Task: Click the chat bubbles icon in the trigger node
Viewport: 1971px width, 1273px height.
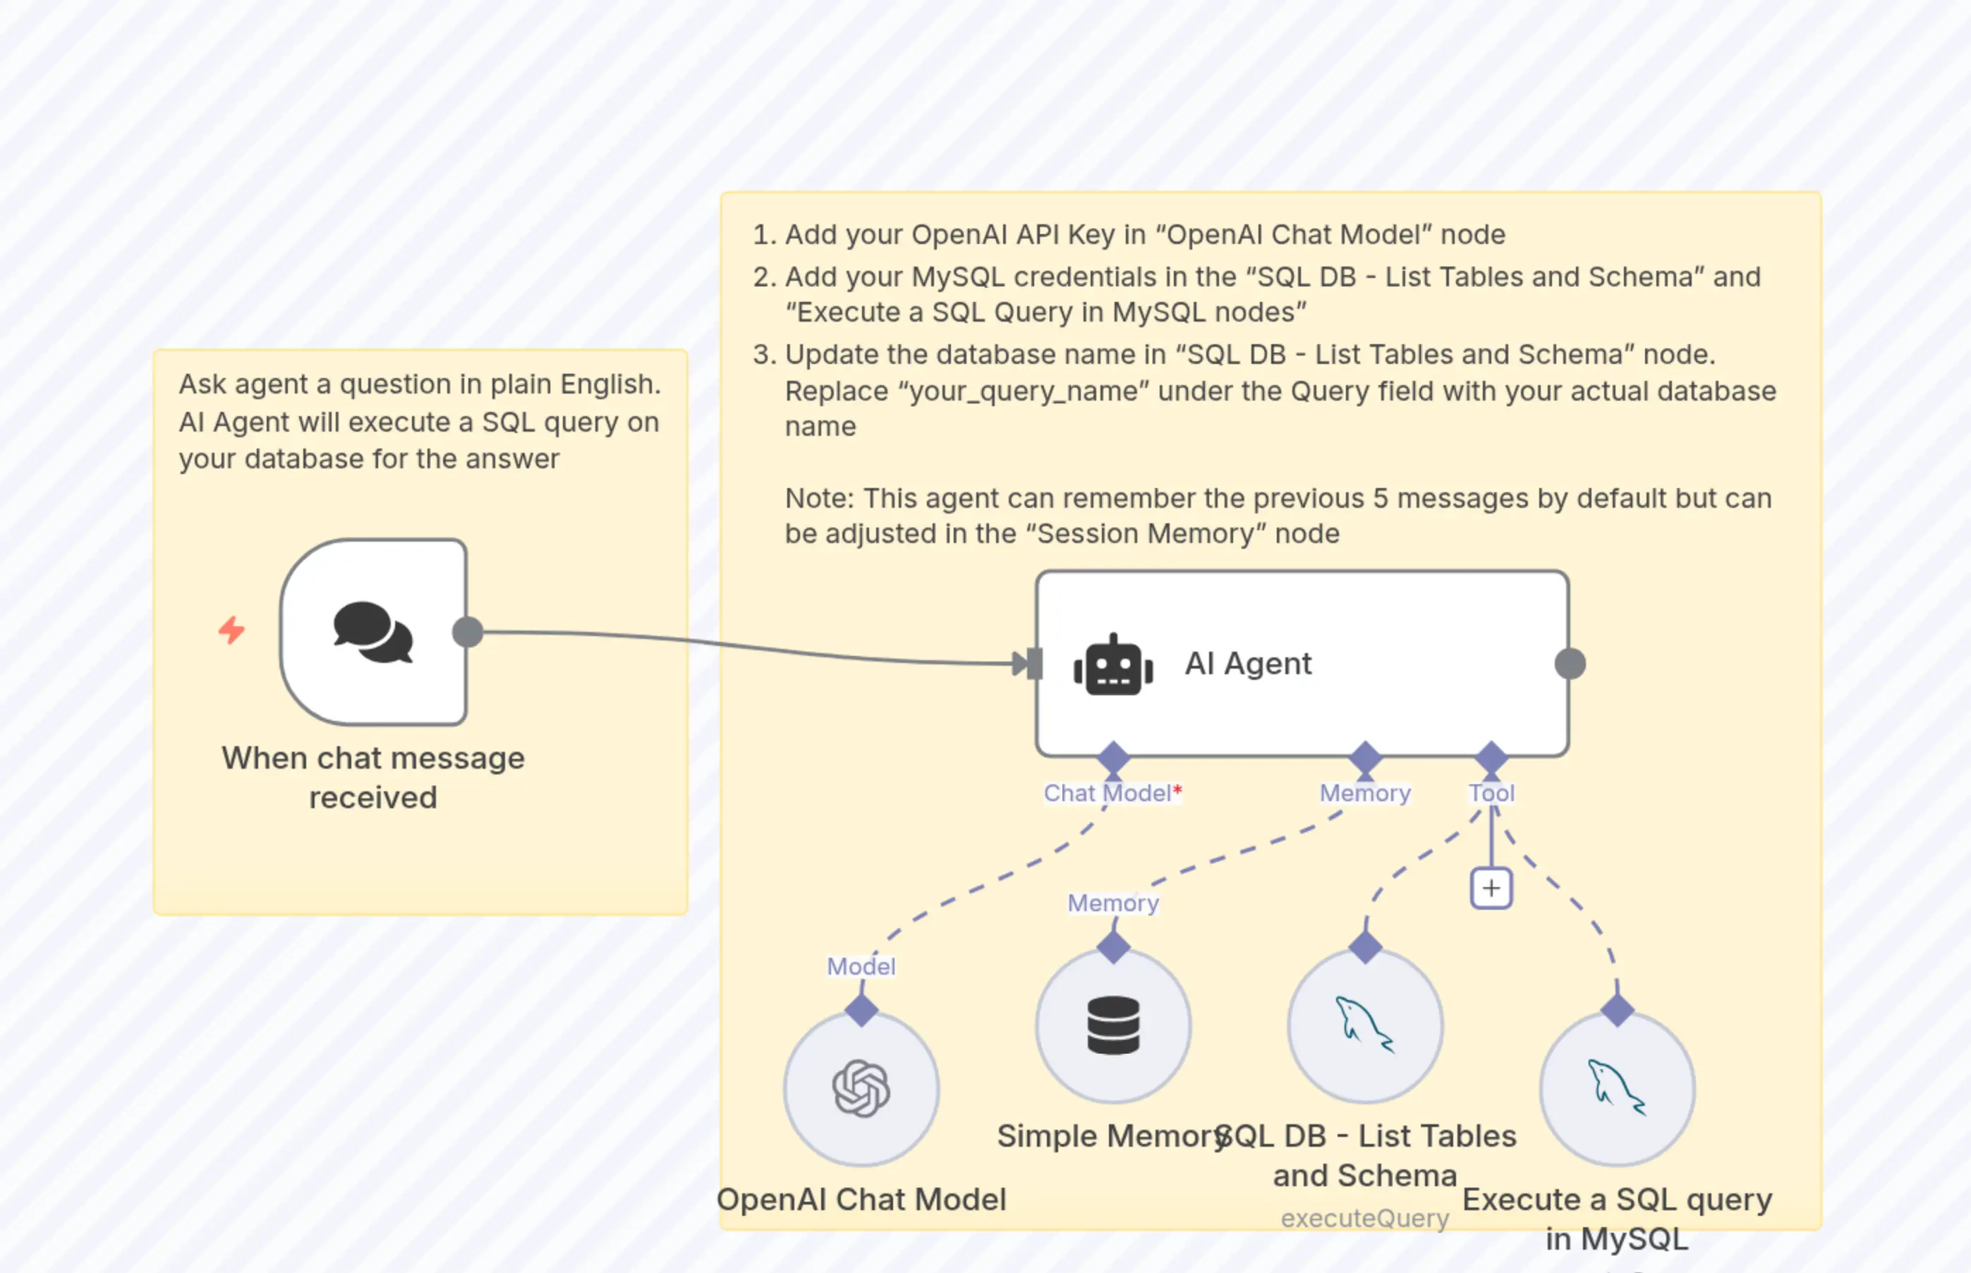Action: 373,633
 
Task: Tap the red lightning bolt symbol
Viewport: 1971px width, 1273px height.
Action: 231,631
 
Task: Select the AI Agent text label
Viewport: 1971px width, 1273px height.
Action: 1248,664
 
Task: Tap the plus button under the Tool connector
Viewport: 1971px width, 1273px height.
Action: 1491,889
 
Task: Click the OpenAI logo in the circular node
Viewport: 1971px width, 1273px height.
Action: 861,1089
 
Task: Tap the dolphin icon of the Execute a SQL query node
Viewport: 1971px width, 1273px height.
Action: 1616,1089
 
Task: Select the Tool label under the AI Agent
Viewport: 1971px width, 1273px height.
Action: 1491,793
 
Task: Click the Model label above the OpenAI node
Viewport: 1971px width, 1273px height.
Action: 861,966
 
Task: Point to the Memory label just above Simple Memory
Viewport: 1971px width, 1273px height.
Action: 1112,903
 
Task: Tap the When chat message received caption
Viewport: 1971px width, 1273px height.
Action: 373,778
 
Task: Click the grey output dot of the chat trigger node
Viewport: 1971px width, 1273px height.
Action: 468,633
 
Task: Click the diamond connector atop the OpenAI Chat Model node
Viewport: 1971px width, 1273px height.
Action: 861,1010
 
